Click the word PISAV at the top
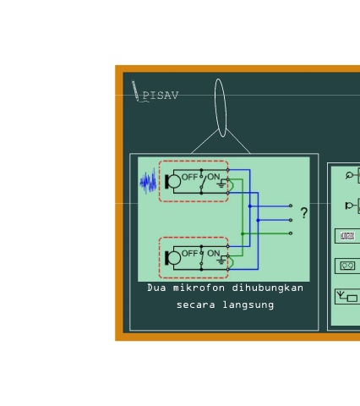coord(161,96)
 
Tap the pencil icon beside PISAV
coord(135,91)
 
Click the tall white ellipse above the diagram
coord(221,107)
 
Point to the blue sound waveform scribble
coord(148,181)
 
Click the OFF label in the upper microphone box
coord(189,177)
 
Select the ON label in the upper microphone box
coord(214,177)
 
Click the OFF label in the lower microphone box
coord(189,254)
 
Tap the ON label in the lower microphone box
coord(214,253)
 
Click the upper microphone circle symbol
coord(174,181)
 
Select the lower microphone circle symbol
coord(174,258)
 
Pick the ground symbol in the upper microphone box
coord(221,184)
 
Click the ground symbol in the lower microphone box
coord(221,261)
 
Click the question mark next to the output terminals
coord(304,213)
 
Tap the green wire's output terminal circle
coord(291,233)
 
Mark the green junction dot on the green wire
coord(243,233)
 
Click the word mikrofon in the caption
coord(199,288)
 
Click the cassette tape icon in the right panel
coord(347,266)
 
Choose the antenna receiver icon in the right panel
coord(347,297)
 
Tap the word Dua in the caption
coord(156,288)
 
